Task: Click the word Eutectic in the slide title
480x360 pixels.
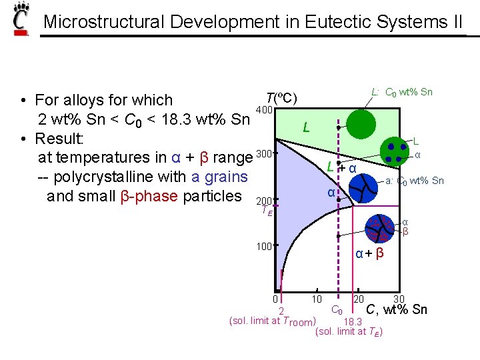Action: (x=337, y=21)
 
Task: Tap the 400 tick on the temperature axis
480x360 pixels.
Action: (x=265, y=109)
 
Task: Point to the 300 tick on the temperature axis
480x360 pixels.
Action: (x=265, y=155)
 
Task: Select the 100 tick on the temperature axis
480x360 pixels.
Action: (x=265, y=247)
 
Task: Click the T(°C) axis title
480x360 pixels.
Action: (x=281, y=97)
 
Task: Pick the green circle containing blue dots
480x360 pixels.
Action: (x=394, y=150)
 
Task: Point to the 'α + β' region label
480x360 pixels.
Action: (x=369, y=253)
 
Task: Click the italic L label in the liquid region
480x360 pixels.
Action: (x=305, y=127)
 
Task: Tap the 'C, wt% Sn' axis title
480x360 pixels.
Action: (x=397, y=309)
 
